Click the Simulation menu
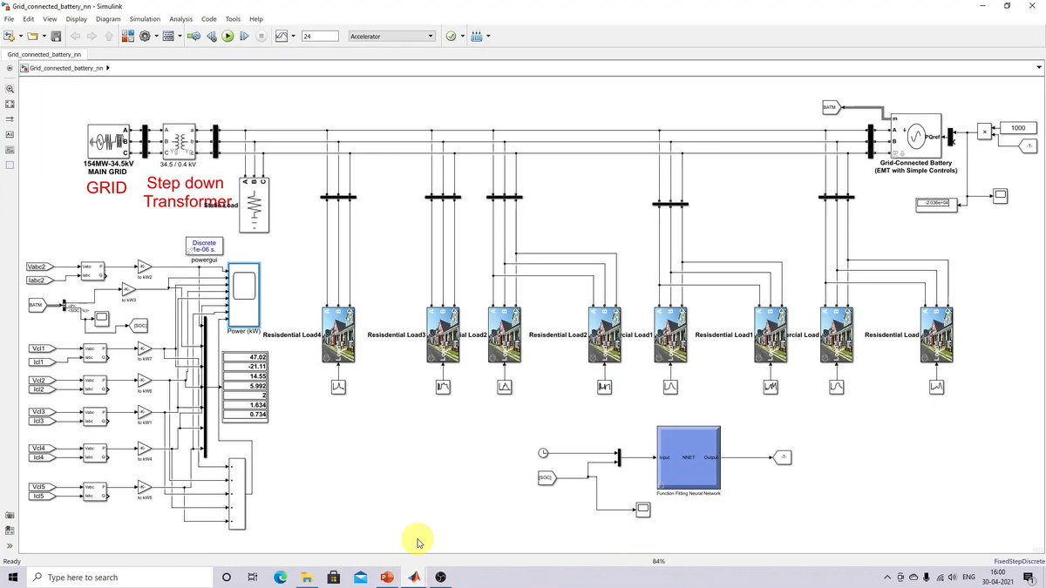[145, 18]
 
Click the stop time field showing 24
[320, 36]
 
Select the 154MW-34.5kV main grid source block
[108, 141]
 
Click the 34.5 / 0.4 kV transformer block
[180, 141]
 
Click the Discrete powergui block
[204, 247]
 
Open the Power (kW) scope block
[243, 293]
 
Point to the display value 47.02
[245, 357]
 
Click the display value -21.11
[245, 367]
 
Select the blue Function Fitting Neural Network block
[689, 457]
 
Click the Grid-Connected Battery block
[915, 137]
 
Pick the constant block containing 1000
[1017, 128]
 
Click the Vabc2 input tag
[41, 267]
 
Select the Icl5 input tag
[41, 497]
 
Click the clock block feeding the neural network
[544, 453]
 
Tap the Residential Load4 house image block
[338, 335]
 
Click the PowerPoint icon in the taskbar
[387, 577]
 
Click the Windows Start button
[13, 577]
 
